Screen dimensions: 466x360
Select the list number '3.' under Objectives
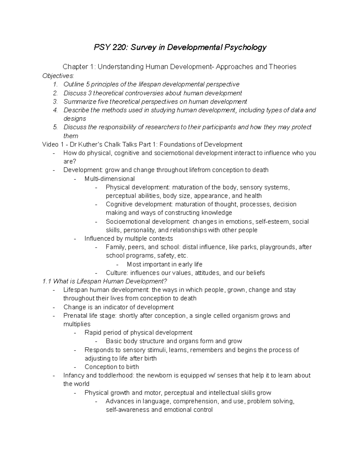click(55, 101)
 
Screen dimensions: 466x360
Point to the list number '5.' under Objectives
click(55, 127)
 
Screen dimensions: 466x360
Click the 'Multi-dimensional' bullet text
click(109, 179)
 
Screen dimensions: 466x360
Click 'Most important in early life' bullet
click(164, 264)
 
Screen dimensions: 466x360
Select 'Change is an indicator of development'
click(118, 307)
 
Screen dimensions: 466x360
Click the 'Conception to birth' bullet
click(112, 367)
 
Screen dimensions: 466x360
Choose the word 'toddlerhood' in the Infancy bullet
click(117, 375)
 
